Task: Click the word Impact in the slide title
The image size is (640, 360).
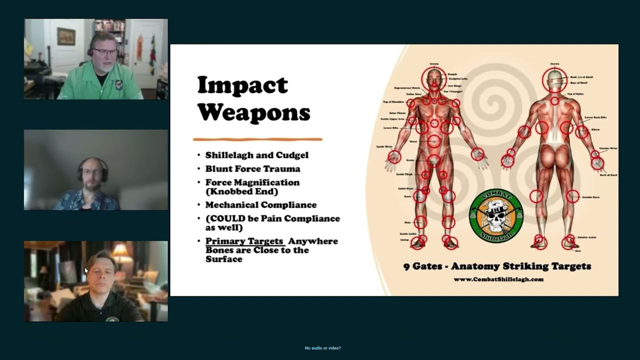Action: (x=242, y=85)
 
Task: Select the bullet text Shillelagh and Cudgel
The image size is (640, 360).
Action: (x=256, y=155)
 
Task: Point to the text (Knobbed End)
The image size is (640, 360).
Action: (x=241, y=191)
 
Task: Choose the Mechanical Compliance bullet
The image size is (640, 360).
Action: (x=260, y=205)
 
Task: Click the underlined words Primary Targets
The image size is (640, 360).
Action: (x=244, y=241)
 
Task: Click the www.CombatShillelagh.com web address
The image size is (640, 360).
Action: (x=498, y=279)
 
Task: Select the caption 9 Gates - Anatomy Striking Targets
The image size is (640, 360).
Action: (x=497, y=266)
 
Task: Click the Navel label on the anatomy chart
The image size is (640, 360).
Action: (x=413, y=142)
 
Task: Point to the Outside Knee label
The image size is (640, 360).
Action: (x=591, y=197)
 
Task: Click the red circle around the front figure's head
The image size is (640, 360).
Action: (x=433, y=78)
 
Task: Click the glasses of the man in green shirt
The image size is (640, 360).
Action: (x=104, y=51)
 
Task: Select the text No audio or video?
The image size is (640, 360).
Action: (x=323, y=348)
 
